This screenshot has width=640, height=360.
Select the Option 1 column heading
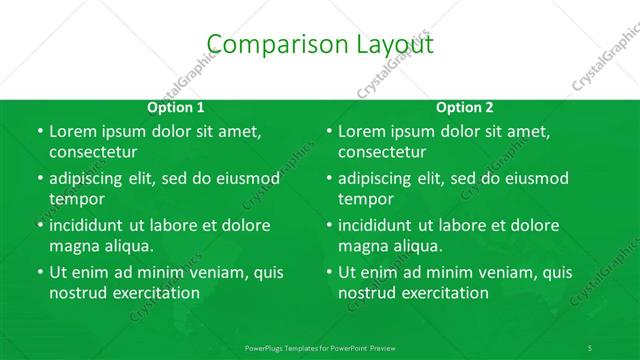coord(176,108)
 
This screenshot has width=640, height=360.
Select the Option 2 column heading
coord(465,108)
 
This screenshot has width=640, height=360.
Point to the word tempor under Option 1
coord(77,199)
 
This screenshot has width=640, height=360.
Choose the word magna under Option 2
coord(361,246)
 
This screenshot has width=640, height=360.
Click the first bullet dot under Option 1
coord(39,132)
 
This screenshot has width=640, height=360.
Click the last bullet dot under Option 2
coord(328,272)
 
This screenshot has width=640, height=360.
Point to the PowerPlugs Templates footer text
coord(320,346)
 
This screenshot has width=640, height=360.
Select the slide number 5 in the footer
coord(590,346)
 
